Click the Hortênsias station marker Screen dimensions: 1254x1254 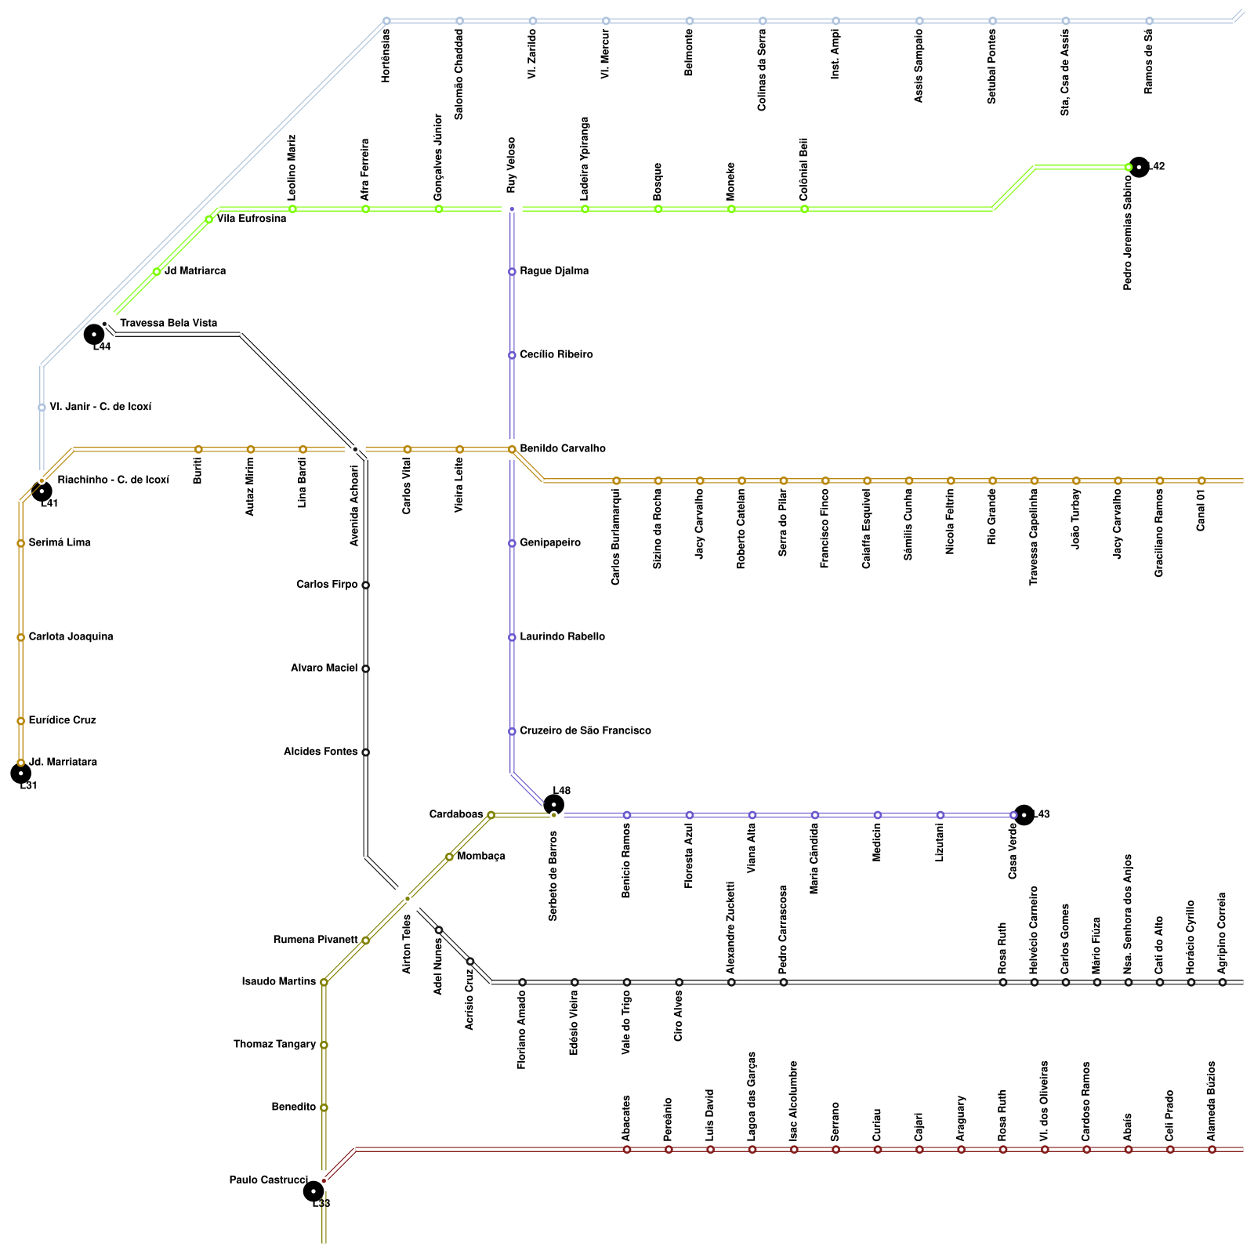coord(386,20)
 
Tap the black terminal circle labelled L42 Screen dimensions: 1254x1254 coord(1139,167)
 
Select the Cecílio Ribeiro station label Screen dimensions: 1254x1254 coord(556,355)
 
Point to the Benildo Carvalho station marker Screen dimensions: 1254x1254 coord(512,449)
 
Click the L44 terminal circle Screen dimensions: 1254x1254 coord(94,335)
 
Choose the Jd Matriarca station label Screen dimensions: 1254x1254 coord(195,271)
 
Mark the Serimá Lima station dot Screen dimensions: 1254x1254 coord(20,543)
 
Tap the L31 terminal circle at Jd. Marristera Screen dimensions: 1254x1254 coord(21,774)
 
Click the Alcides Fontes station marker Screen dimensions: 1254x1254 coord(365,752)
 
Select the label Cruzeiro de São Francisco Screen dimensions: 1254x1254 coord(585,731)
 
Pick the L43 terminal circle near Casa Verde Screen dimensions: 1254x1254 coord(1024,815)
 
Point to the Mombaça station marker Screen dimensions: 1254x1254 coord(449,857)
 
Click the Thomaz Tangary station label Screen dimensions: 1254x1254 coord(274,1045)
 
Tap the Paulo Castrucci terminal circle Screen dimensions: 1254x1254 coord(313,1191)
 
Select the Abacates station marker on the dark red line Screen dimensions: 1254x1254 coord(627,1150)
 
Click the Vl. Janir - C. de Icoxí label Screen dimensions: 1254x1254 coord(100,408)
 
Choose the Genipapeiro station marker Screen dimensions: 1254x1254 coord(512,543)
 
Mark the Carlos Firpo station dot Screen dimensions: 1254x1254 coord(365,585)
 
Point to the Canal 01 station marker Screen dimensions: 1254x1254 coord(1201,480)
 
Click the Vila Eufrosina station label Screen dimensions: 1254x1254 coord(252,219)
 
